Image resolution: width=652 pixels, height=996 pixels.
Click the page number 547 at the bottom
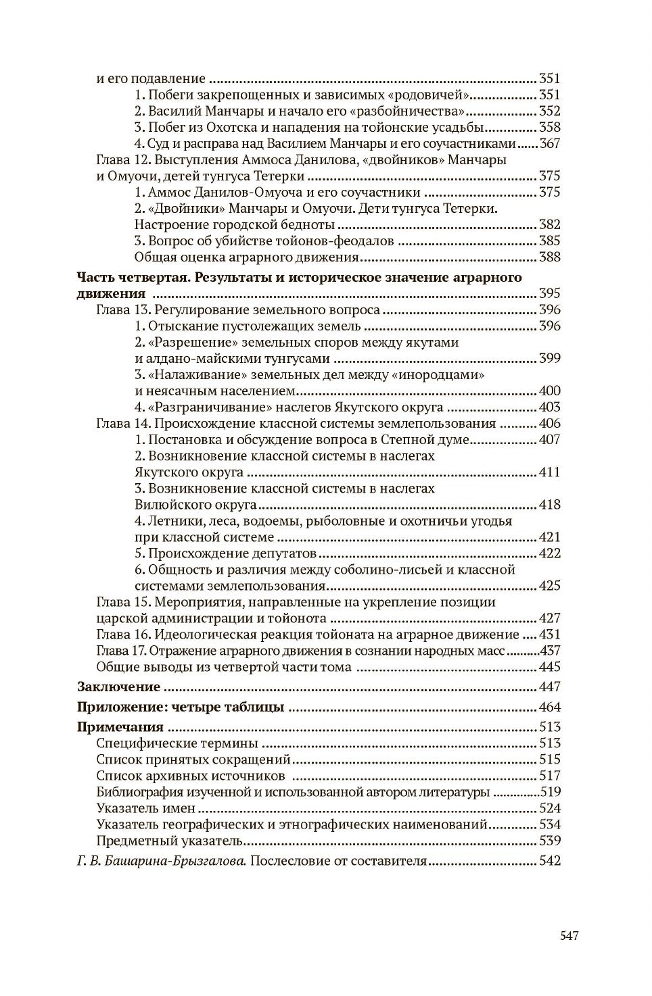click(569, 936)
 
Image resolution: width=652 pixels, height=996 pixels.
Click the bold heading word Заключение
click(118, 687)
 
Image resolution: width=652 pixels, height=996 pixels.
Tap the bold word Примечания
click(120, 728)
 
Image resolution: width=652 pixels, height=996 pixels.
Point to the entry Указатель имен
click(146, 808)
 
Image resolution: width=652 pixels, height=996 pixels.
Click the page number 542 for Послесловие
click(549, 862)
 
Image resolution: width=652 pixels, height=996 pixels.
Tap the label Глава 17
click(122, 651)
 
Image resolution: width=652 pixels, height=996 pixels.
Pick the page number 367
click(549, 143)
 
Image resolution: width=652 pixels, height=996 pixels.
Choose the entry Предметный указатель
click(168, 841)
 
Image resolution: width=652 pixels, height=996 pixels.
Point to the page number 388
click(549, 257)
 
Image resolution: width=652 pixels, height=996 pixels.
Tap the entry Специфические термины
click(177, 743)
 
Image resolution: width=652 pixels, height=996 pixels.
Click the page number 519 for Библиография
click(550, 792)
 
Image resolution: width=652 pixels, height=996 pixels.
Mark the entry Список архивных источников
click(190, 776)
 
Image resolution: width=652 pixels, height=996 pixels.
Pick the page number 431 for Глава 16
click(549, 634)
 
